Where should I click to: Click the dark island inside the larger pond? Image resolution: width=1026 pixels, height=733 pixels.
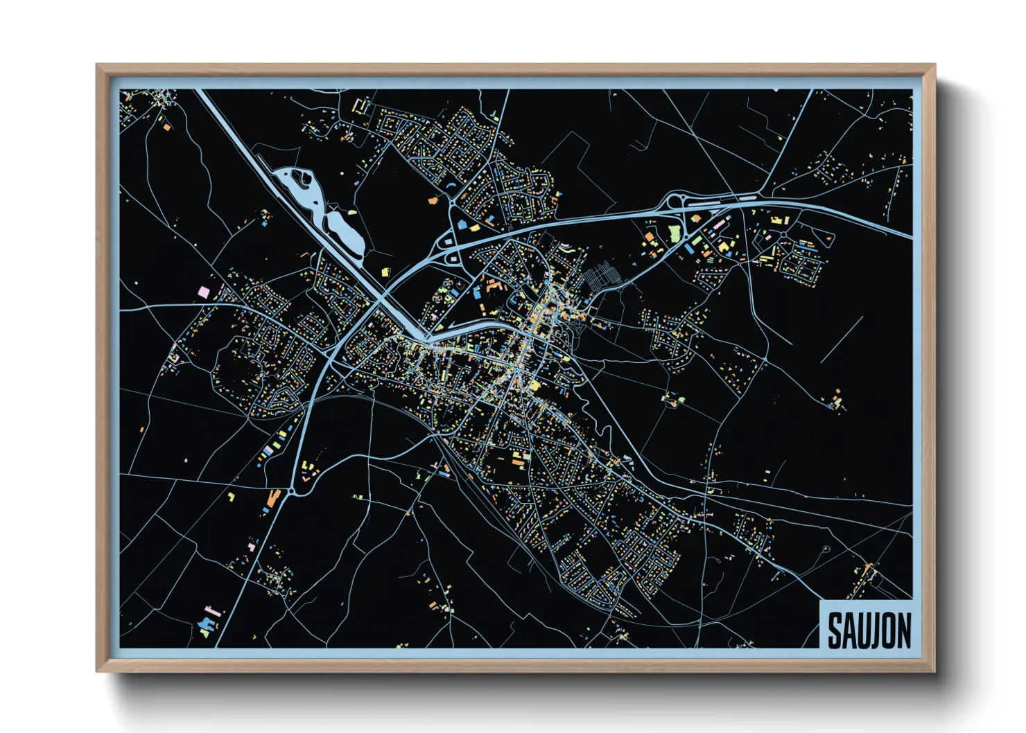304,179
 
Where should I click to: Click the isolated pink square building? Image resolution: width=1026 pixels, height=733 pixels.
204,292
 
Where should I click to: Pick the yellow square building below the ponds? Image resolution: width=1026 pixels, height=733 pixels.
386,272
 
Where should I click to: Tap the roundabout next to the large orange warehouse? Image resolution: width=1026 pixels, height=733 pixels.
291,491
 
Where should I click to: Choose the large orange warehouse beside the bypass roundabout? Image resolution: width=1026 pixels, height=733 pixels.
273,497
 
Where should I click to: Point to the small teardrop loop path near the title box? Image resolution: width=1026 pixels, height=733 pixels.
826,549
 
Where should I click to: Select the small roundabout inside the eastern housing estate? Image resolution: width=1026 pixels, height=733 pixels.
783,236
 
